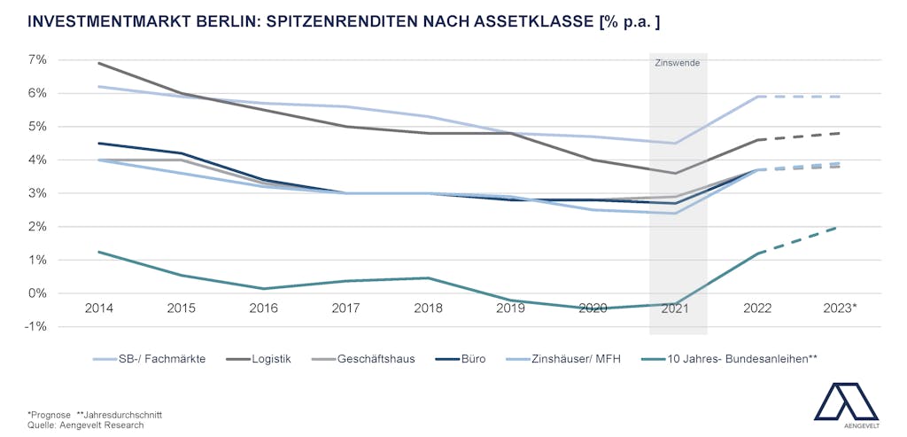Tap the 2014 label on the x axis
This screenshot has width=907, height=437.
(x=97, y=308)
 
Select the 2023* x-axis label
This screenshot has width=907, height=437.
(x=840, y=308)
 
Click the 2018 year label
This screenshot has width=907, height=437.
(x=428, y=308)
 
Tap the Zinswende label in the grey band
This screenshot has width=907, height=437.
(x=678, y=63)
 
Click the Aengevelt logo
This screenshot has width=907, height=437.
(x=846, y=404)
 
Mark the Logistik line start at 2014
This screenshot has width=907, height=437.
(x=97, y=63)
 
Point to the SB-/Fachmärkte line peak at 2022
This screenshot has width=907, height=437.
(x=758, y=97)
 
